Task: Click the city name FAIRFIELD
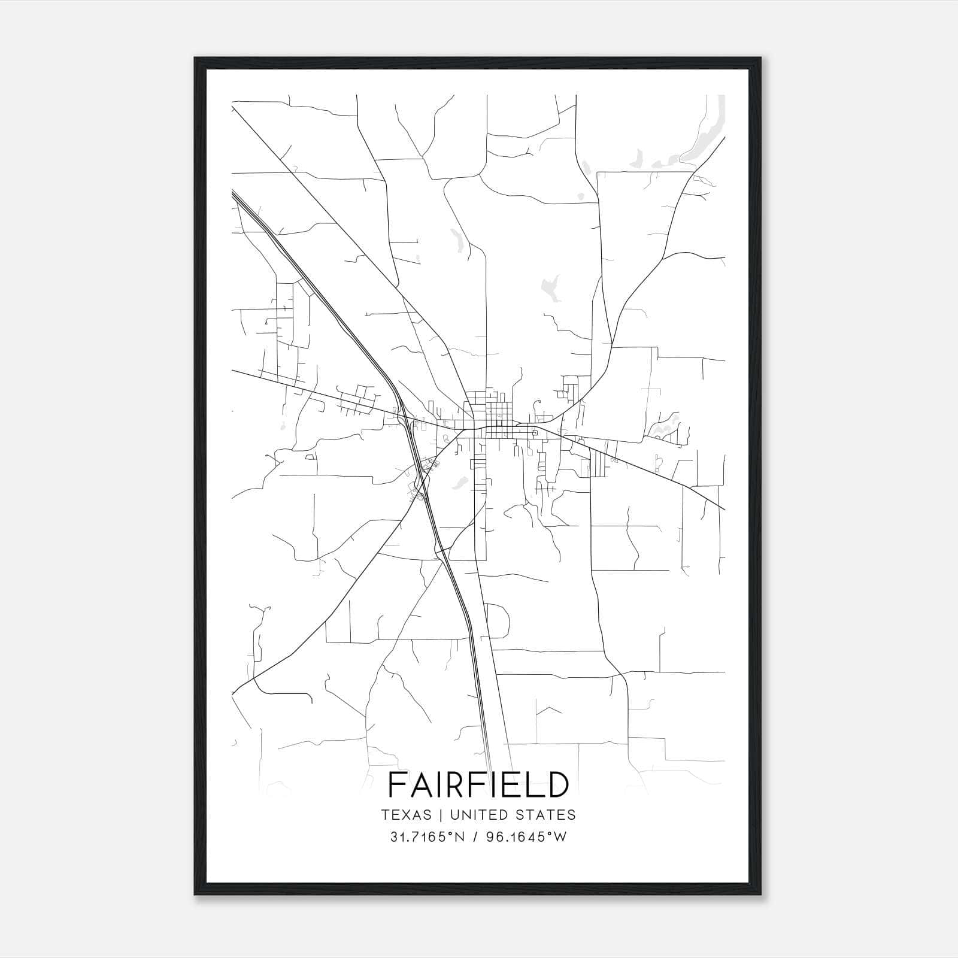coord(478,784)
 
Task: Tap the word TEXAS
coord(406,815)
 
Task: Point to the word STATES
coord(545,815)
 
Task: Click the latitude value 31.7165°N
coord(427,837)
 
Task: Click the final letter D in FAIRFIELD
coord(556,784)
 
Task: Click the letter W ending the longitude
coord(560,837)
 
